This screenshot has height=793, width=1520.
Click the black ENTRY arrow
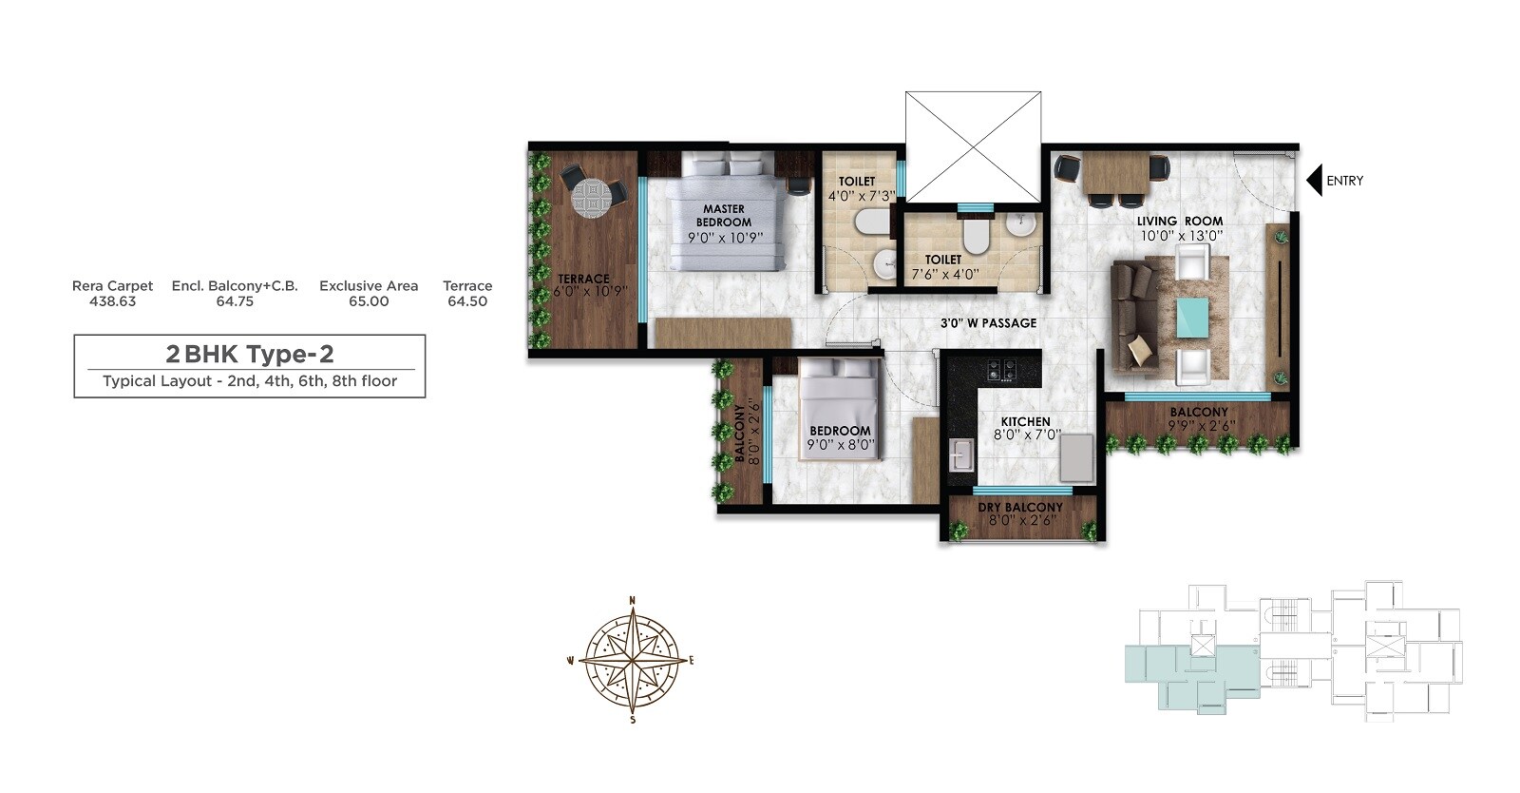(x=1315, y=181)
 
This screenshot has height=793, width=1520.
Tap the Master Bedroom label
(x=724, y=215)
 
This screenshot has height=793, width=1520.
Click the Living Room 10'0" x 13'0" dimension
(x=1181, y=235)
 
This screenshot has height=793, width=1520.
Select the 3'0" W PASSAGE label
(x=988, y=323)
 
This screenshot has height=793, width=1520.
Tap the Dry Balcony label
(x=1020, y=508)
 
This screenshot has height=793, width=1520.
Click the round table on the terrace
(x=593, y=197)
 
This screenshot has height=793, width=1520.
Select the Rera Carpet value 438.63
(x=112, y=301)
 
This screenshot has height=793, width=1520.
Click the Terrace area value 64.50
(x=467, y=301)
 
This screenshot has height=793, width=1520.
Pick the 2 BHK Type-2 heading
(x=250, y=354)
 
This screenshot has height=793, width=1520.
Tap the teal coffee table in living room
(x=1193, y=318)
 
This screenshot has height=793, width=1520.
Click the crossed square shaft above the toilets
(x=973, y=146)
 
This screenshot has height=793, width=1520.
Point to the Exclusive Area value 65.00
(x=369, y=301)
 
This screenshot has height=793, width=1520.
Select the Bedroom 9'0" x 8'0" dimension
(x=840, y=444)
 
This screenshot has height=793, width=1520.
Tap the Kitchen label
(x=1025, y=421)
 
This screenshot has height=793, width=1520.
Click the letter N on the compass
(x=633, y=600)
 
